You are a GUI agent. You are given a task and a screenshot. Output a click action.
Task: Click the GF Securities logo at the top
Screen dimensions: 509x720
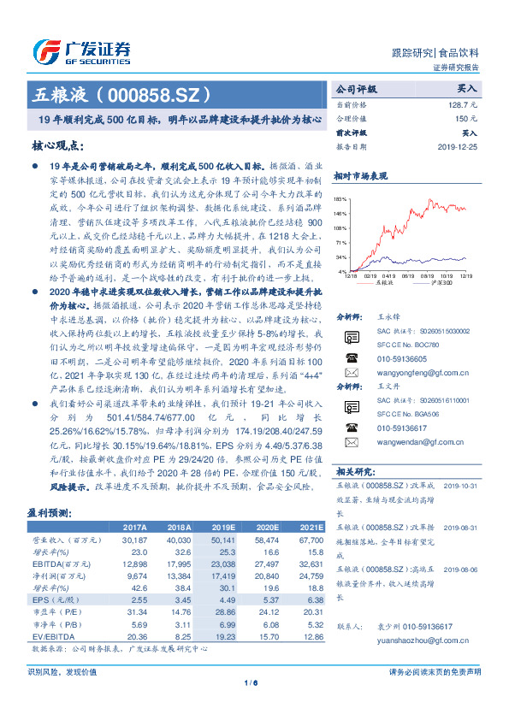(x=81, y=50)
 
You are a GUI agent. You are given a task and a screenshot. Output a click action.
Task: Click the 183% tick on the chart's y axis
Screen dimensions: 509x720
(x=340, y=198)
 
